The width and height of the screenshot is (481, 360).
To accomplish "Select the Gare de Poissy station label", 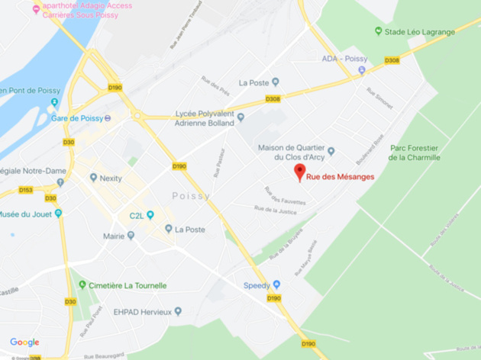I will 77,117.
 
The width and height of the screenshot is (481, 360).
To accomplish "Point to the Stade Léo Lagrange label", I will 421,31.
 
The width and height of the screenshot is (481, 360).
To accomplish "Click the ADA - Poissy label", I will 339,59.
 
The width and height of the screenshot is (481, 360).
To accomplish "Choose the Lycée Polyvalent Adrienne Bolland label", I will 204,117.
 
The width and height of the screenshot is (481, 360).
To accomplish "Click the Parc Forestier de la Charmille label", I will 415,153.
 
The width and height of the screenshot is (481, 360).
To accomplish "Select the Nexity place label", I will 111,178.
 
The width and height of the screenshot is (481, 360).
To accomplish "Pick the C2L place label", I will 137,214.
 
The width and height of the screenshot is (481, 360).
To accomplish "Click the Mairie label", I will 114,236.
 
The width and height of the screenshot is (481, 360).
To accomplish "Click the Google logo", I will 24,342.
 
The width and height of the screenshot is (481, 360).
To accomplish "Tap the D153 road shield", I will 26,189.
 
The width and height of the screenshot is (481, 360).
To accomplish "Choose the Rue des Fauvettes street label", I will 285,195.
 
